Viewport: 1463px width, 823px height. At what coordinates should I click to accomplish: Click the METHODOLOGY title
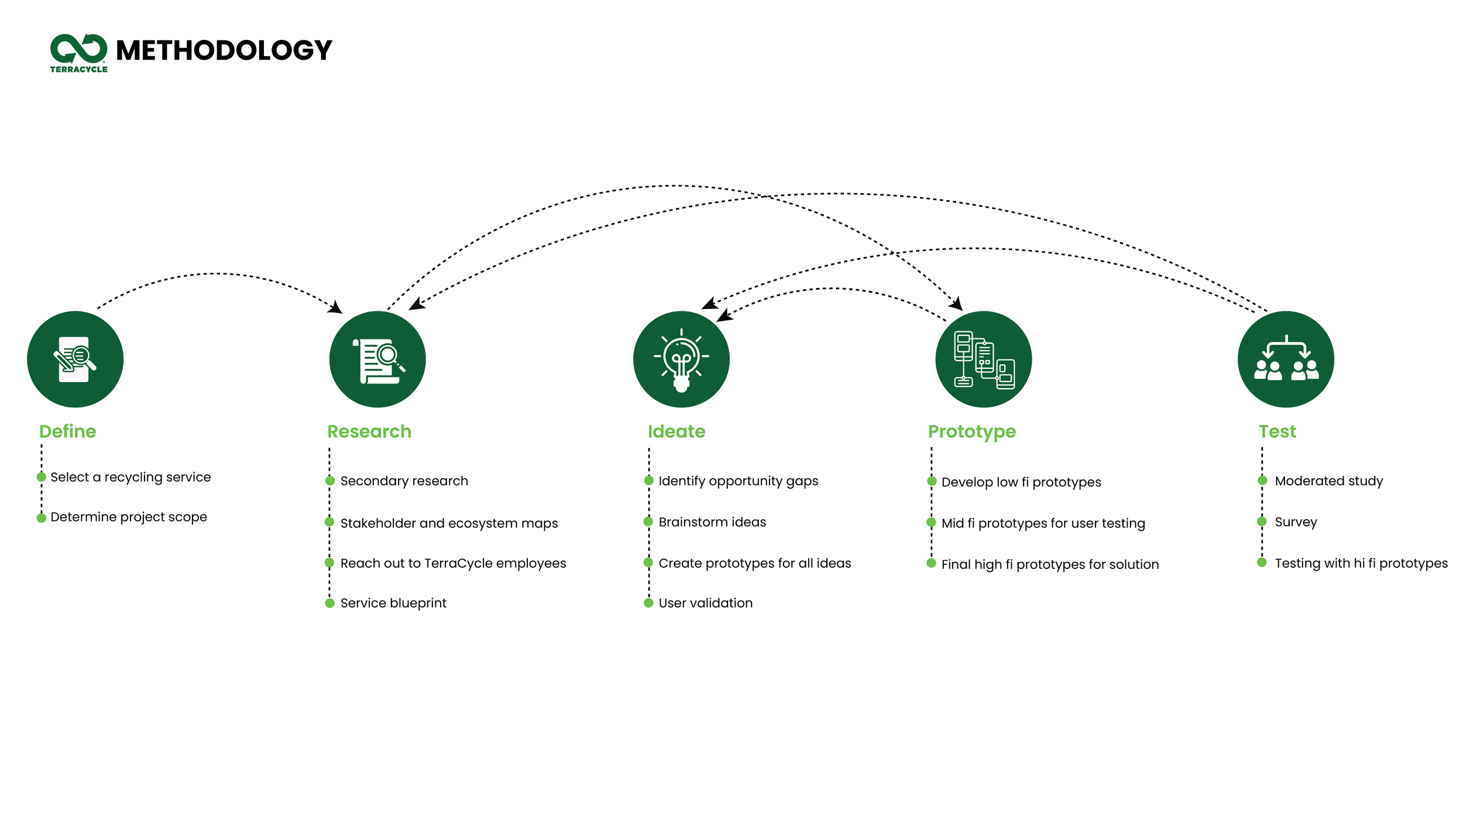pos(224,50)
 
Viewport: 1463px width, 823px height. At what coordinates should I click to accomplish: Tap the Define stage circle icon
pos(75,359)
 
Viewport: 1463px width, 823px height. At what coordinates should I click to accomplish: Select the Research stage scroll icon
pos(377,359)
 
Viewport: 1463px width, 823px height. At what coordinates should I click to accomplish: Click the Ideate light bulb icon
pos(681,359)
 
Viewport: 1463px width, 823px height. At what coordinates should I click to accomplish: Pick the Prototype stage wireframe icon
pos(983,359)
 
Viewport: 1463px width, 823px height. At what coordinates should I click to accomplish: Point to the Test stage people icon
pos(1286,359)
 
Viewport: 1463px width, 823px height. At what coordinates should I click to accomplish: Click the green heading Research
pos(369,431)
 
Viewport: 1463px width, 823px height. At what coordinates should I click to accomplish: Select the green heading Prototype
pos(971,431)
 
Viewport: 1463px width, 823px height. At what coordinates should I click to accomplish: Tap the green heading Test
pos(1277,431)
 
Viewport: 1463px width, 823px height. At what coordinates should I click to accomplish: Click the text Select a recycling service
pos(130,477)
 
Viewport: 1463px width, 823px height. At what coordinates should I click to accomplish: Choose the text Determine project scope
pos(129,517)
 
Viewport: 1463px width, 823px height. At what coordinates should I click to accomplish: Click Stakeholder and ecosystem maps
pos(449,523)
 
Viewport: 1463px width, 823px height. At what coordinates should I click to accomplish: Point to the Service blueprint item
pos(393,603)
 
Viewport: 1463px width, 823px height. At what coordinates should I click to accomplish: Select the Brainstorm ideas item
pos(712,522)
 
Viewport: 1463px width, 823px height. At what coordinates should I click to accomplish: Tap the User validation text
pos(705,603)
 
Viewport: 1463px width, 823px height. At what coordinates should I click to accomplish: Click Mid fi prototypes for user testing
pos(1043,523)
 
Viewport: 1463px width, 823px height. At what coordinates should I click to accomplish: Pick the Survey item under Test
pos(1296,522)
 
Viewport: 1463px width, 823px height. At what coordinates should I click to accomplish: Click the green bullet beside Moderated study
pos(1262,481)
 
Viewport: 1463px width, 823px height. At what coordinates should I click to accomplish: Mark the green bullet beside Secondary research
pos(330,481)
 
